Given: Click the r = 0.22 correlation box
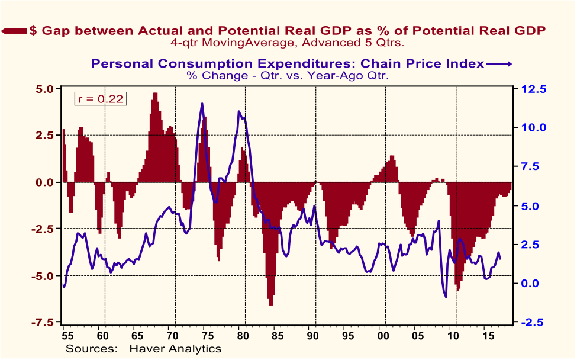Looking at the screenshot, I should (99, 99).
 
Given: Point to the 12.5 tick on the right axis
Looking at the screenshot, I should (534, 89).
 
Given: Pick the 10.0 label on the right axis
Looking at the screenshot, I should (534, 127).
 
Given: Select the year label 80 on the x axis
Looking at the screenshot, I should (241, 336).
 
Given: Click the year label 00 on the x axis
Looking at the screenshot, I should (382, 336).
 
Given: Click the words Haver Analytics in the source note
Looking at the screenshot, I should (175, 349).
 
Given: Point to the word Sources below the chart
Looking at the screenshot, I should (92, 349).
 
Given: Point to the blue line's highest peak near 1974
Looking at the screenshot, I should (202, 104).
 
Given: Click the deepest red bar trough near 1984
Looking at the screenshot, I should (271, 304).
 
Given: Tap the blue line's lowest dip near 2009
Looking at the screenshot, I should (446, 297).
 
